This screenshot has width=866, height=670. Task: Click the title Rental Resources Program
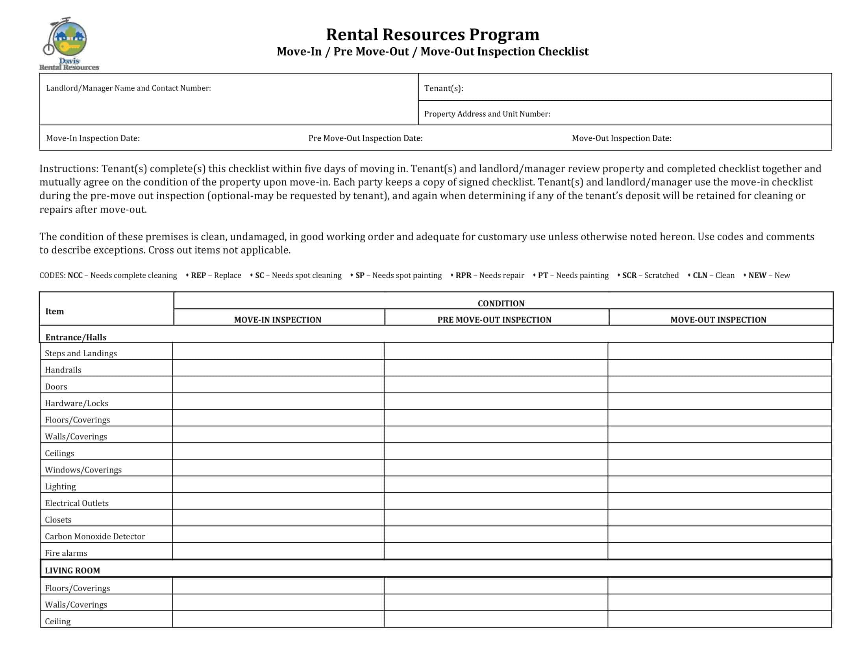(432, 35)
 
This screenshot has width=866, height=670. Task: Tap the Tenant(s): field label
(443, 88)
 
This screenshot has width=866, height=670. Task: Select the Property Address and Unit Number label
(487, 114)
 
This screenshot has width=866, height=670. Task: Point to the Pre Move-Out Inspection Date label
(365, 138)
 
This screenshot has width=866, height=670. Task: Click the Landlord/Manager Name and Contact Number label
(128, 88)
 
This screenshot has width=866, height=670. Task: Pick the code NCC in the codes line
(75, 275)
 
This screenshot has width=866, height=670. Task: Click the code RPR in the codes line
(463, 275)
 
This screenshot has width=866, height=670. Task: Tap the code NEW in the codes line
(757, 275)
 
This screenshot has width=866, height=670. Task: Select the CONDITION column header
(500, 303)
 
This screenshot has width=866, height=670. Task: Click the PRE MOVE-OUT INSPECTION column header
(494, 320)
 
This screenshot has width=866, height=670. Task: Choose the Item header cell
(54, 311)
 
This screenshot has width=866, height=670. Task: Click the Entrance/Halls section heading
(76, 337)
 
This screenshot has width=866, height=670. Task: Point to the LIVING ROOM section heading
(72, 570)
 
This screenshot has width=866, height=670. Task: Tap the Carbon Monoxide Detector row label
(95, 536)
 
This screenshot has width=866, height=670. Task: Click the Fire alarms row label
(66, 553)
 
